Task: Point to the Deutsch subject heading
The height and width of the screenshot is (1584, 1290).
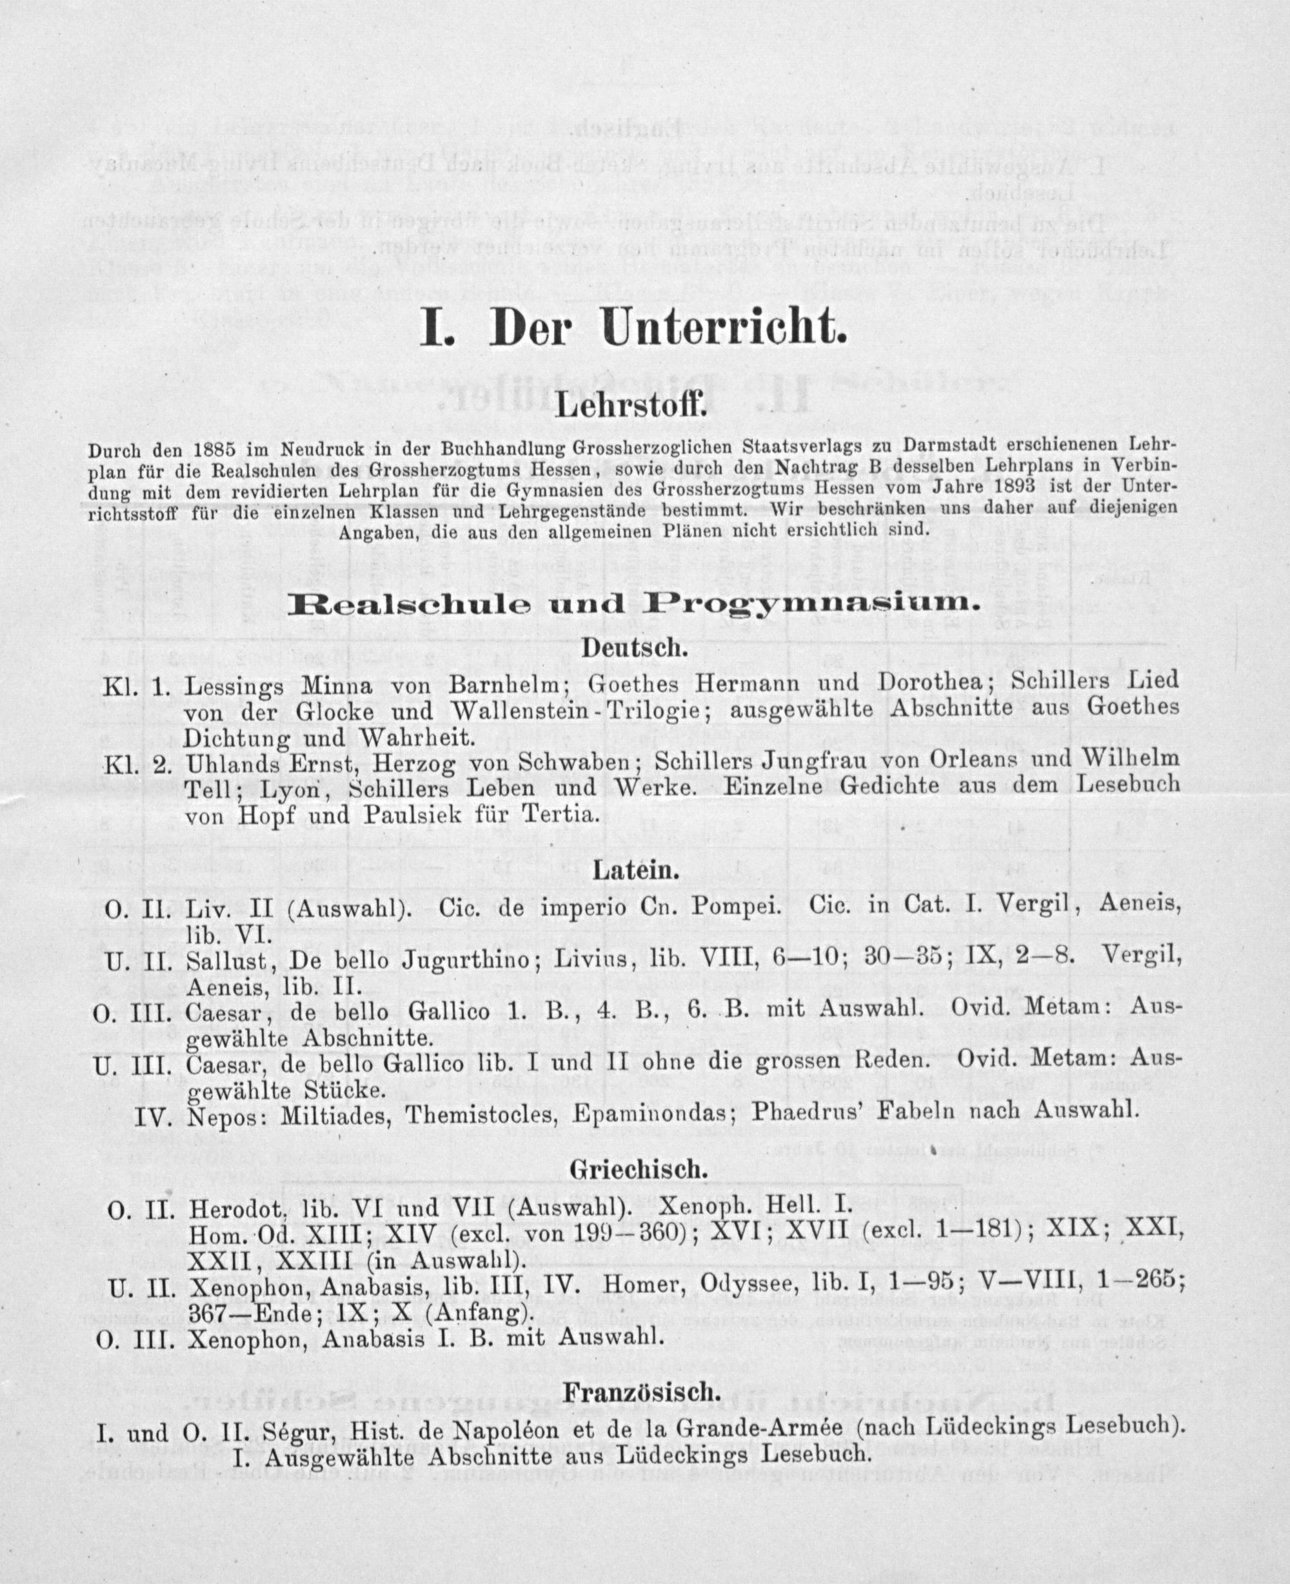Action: point(633,648)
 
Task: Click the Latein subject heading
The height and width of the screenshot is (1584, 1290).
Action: point(635,871)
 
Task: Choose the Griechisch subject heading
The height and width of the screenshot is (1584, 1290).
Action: point(635,1169)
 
